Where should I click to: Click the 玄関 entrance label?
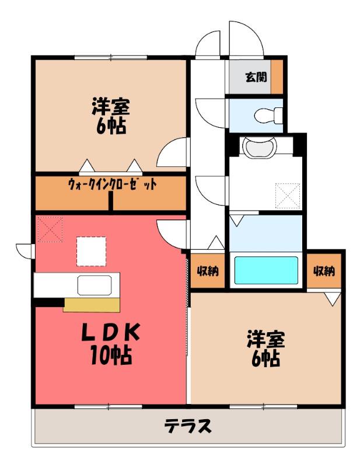pyautogui.click(x=256, y=77)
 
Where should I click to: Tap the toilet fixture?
pyautogui.click(x=268, y=115)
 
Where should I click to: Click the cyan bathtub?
pyautogui.click(x=266, y=270)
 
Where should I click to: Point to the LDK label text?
pyautogui.click(x=111, y=332)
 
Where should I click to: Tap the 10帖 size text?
pyautogui.click(x=111, y=356)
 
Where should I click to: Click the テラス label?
pyautogui.click(x=188, y=426)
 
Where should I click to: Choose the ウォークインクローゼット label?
pyautogui.click(x=112, y=184)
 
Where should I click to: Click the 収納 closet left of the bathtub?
pyautogui.click(x=208, y=271)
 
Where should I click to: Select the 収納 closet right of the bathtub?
pyautogui.click(x=324, y=271)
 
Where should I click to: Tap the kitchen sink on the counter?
pyautogui.click(x=95, y=285)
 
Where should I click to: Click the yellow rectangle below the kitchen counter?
pyautogui.click(x=92, y=305)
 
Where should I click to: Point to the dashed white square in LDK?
pyautogui.click(x=92, y=251)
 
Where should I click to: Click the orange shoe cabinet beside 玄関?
pyautogui.click(x=277, y=77)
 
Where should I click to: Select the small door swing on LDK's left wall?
pyautogui.click(x=26, y=251)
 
